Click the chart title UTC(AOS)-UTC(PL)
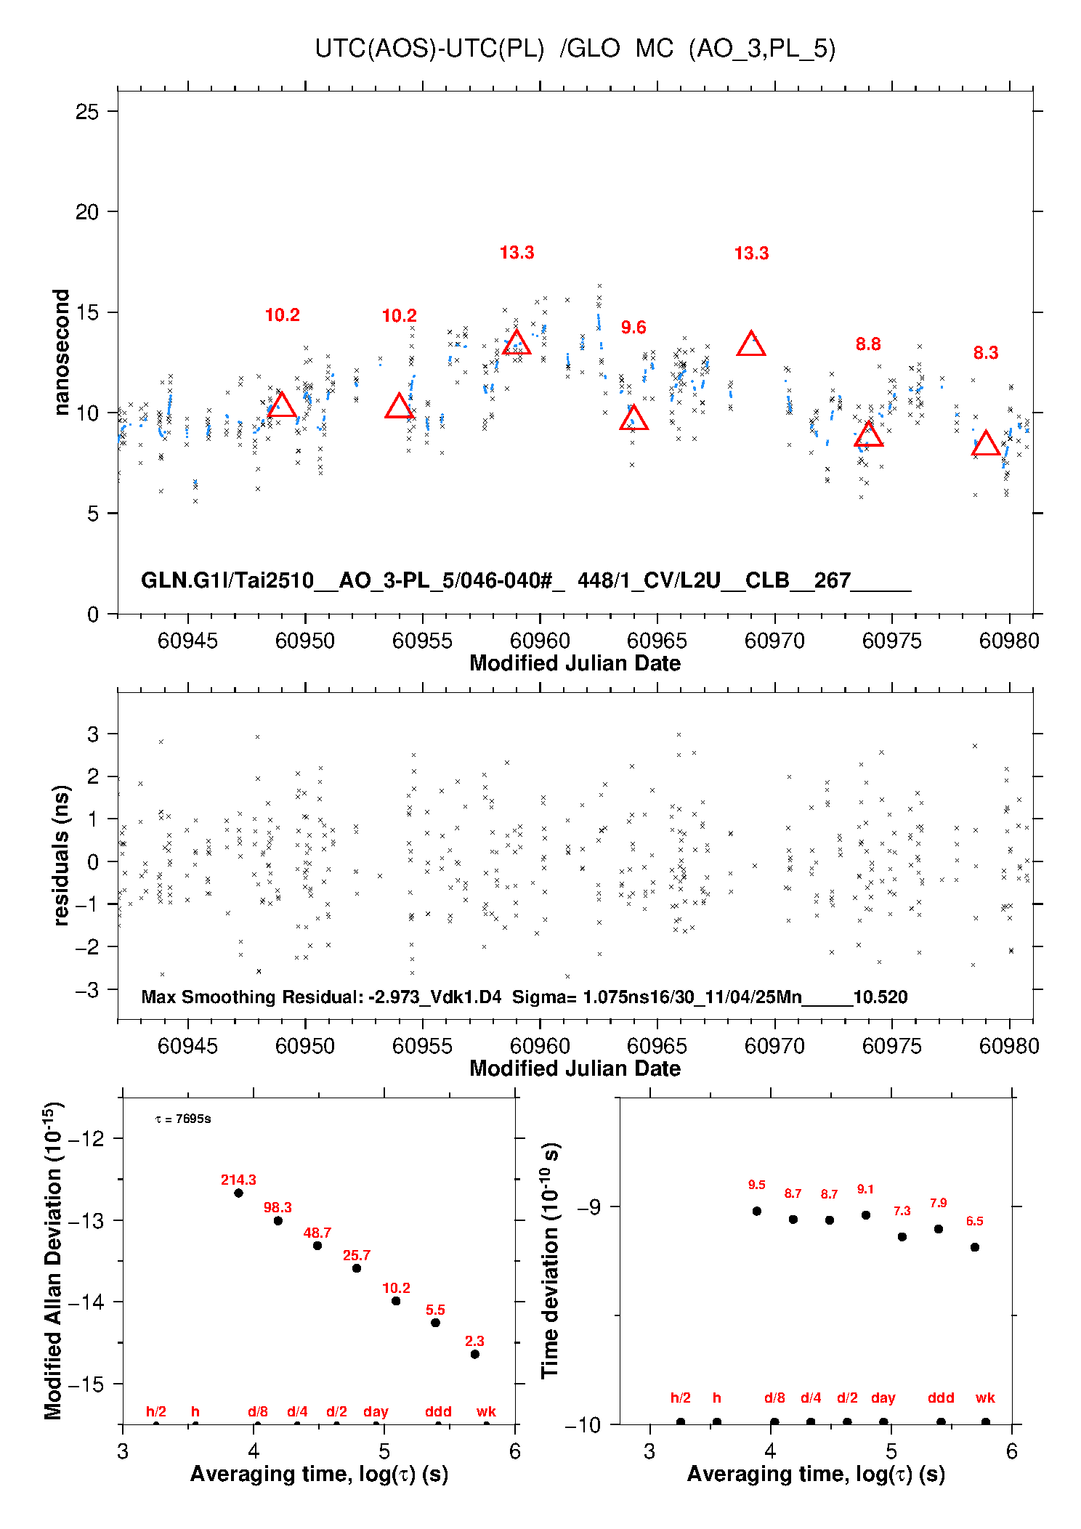point(429,49)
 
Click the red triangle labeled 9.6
point(633,418)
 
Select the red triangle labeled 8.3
point(985,444)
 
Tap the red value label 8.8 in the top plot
point(868,344)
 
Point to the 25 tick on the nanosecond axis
point(87,112)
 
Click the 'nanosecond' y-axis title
point(61,352)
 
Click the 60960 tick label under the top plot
point(540,641)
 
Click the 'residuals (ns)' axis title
point(61,855)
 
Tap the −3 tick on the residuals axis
point(87,990)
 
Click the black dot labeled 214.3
point(238,1193)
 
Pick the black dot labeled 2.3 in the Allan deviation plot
point(474,1354)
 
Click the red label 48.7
point(317,1233)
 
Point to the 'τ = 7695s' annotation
point(183,1119)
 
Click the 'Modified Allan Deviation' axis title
point(53,1260)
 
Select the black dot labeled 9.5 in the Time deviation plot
point(756,1211)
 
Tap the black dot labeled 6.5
point(974,1247)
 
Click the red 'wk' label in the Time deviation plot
point(985,1398)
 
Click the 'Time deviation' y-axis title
point(550,1260)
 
